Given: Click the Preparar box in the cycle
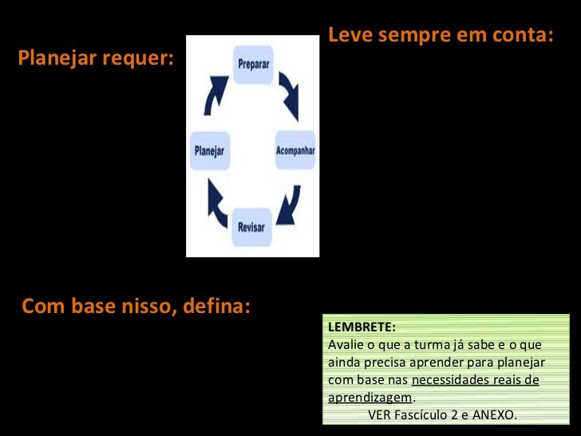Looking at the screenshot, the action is tap(253, 64).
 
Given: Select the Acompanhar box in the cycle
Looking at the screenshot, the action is tap(295, 150).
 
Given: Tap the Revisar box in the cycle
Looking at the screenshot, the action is tap(251, 227).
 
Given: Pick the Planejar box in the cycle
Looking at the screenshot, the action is tap(209, 150).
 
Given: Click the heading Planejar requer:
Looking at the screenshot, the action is tap(95, 58).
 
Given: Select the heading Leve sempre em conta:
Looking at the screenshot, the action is tap(441, 35).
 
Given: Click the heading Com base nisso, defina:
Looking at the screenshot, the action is tap(136, 306).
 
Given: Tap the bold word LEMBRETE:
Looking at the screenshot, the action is tap(362, 327).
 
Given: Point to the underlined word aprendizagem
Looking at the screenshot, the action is tap(370, 398).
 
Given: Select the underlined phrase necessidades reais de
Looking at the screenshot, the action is tap(475, 380).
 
